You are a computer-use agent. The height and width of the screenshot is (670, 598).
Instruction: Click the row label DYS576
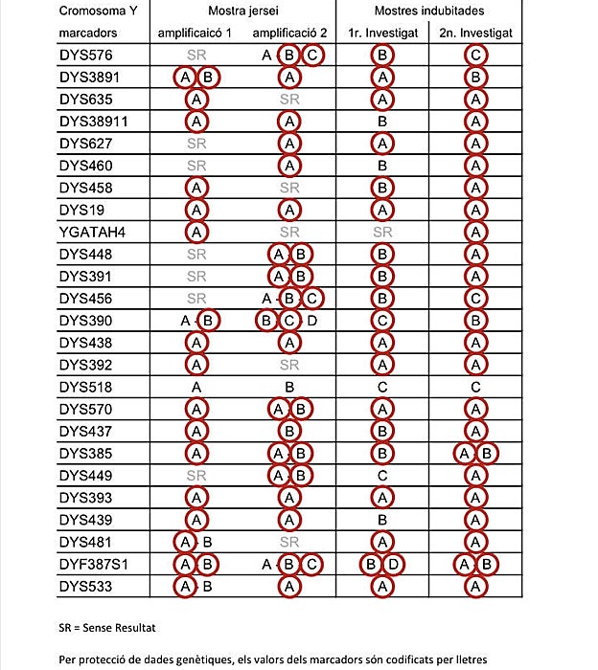[85, 56]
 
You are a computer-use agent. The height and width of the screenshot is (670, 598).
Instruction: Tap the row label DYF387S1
[94, 564]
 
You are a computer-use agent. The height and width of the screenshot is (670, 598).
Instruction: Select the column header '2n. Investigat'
[475, 33]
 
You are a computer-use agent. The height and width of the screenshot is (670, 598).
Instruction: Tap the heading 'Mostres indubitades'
[429, 11]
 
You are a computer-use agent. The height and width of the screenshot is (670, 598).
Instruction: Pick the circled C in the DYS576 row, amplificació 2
[312, 56]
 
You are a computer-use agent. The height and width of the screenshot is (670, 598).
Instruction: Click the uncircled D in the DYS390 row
[312, 321]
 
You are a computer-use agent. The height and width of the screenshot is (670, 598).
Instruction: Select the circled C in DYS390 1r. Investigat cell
[382, 321]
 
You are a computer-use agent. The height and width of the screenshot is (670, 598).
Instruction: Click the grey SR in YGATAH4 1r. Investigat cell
[382, 232]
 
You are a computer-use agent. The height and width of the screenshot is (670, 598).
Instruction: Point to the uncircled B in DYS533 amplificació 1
[206, 586]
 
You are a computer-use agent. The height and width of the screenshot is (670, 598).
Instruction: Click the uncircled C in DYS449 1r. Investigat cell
[382, 476]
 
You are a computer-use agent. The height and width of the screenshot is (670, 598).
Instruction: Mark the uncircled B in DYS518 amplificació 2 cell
[289, 388]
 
